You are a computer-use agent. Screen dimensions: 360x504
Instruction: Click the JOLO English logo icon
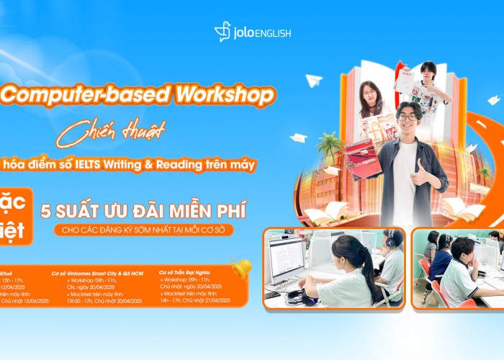click(222, 32)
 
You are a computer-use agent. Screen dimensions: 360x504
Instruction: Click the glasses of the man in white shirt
click(407, 117)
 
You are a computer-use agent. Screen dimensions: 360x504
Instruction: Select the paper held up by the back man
click(408, 80)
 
